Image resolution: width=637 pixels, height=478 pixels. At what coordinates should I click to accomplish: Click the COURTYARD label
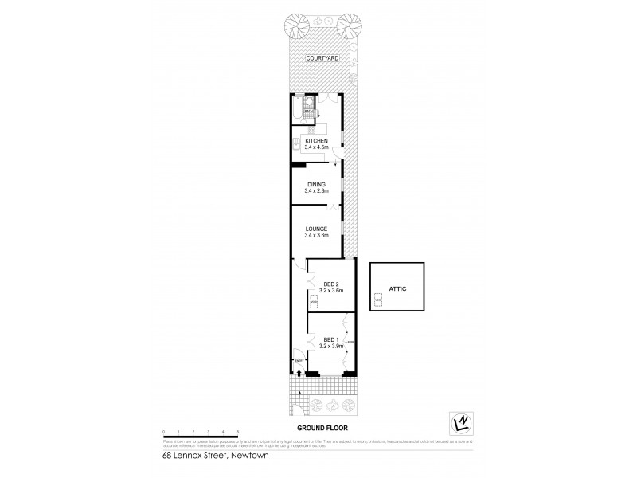coord(322,57)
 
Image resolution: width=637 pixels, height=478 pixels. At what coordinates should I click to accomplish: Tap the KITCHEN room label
coord(316,141)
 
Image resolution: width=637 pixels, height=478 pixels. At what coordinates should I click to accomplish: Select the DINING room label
coord(315,185)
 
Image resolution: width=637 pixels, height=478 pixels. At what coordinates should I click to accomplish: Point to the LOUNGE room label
coord(316,229)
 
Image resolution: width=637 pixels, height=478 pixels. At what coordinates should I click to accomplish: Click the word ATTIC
coord(398,288)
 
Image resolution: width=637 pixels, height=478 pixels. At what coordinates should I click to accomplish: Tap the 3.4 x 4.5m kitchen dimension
coord(316,147)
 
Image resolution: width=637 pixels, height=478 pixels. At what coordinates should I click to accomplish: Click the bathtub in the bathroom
coord(298,106)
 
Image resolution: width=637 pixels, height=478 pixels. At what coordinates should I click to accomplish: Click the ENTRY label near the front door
coord(299,360)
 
